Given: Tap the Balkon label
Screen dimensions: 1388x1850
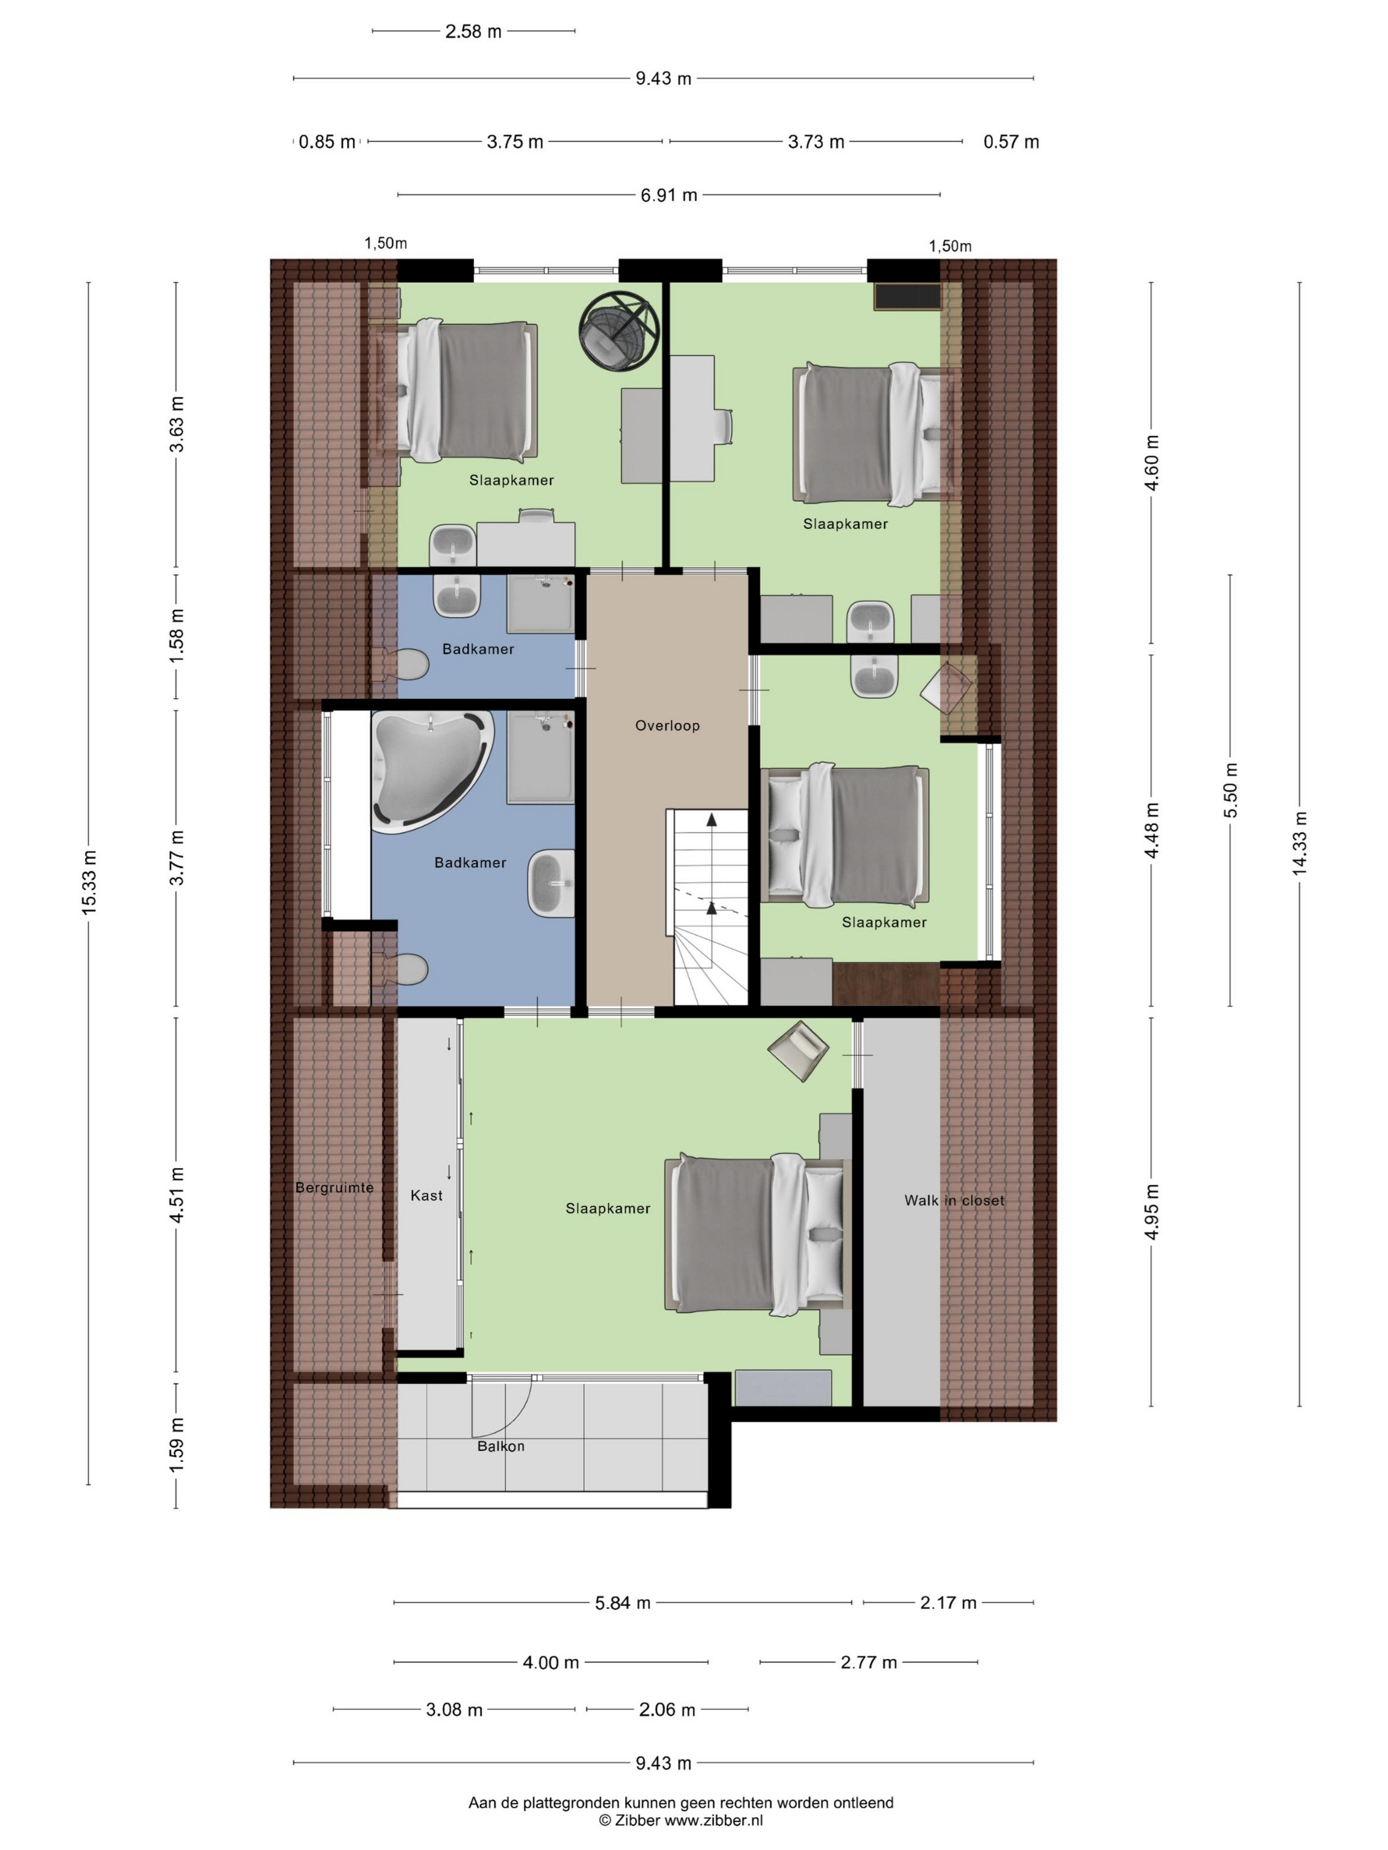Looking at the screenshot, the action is click(x=500, y=1446).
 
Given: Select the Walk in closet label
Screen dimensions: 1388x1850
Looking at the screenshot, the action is click(x=954, y=1200).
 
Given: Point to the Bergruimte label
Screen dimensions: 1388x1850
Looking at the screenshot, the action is click(x=334, y=1187).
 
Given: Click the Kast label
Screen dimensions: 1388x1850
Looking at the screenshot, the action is click(x=426, y=1195).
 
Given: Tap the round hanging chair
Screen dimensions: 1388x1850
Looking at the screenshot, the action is click(x=619, y=331).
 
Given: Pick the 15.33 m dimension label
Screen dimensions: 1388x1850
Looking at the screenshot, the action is click(x=89, y=881).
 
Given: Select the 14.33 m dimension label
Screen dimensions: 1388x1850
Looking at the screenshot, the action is click(x=1299, y=843).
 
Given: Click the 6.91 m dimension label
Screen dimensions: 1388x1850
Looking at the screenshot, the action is click(x=668, y=195).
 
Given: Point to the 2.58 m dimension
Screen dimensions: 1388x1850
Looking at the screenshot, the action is click(x=473, y=31).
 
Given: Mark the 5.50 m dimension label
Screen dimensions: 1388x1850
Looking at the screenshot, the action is click(x=1230, y=790).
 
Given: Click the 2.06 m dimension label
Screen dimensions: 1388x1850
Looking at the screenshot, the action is click(x=667, y=1709).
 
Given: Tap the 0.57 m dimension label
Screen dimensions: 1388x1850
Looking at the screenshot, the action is click(x=1011, y=142).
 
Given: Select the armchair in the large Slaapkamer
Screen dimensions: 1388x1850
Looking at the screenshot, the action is click(x=799, y=1051).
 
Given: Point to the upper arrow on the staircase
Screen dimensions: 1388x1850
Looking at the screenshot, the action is click(x=711, y=820).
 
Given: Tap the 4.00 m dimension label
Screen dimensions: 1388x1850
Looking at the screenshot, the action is click(x=551, y=1662).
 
